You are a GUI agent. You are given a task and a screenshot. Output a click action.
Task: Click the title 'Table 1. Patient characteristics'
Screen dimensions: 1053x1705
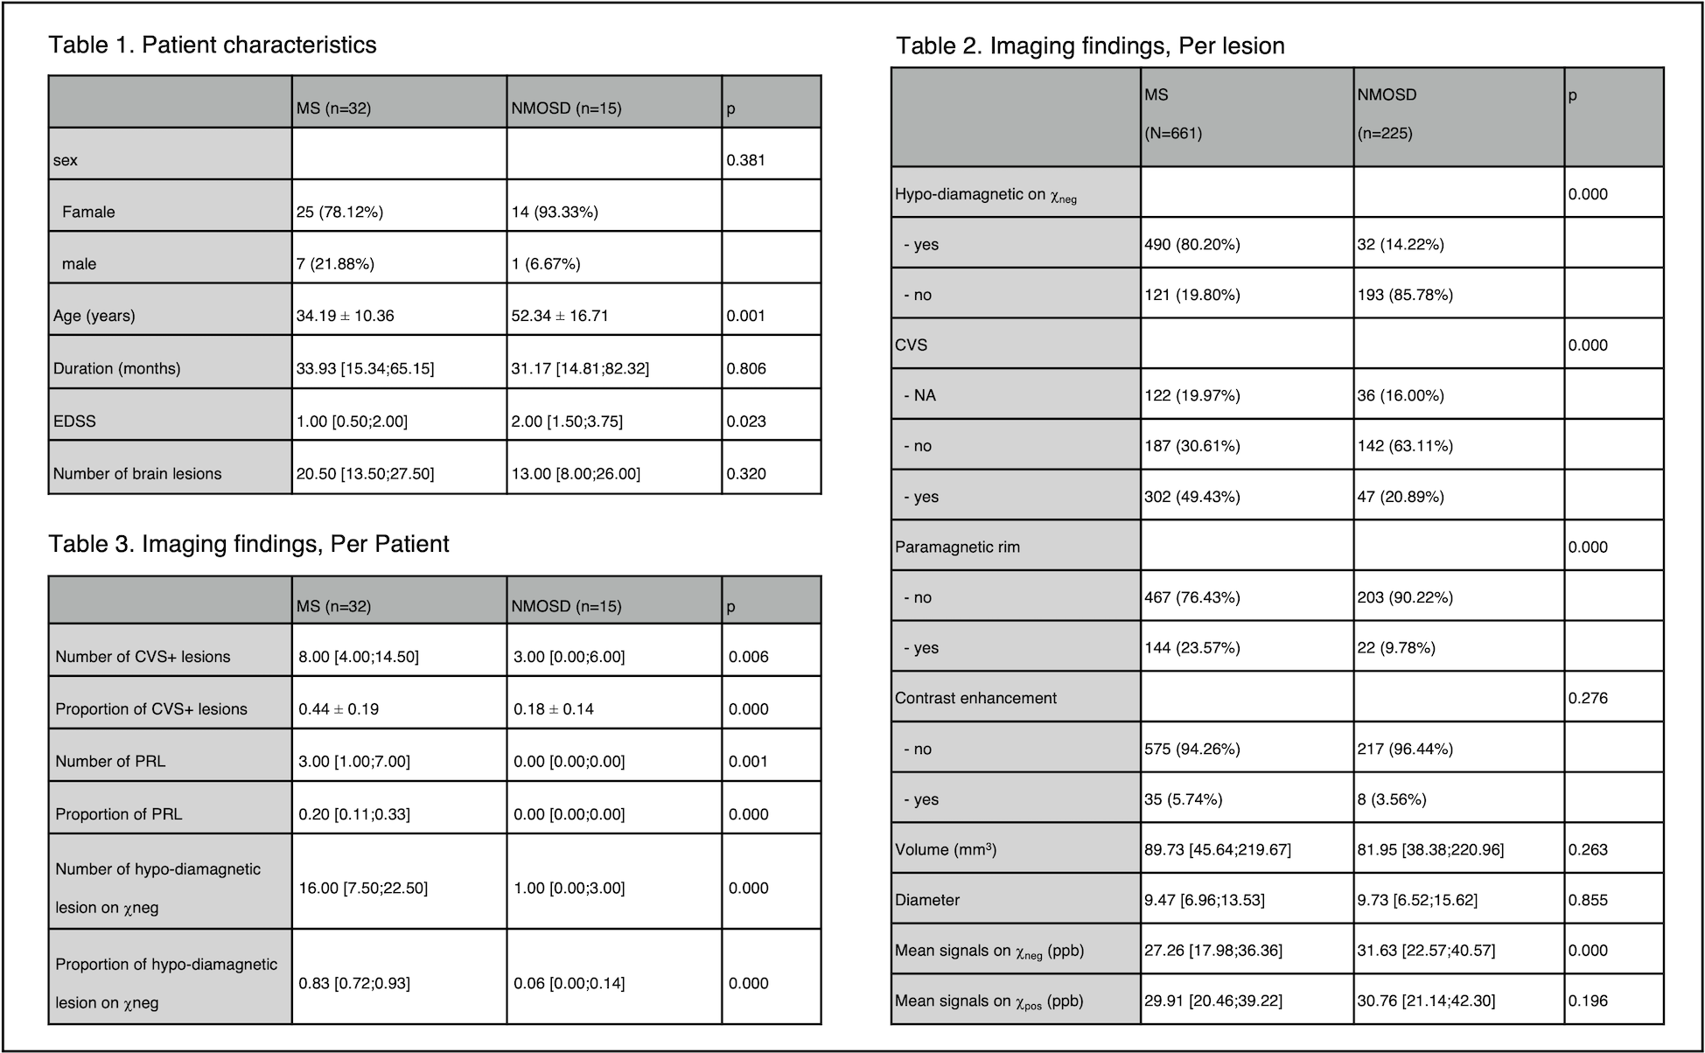[x=213, y=45]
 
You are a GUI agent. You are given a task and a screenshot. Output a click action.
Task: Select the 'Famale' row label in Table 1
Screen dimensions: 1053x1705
[x=88, y=212]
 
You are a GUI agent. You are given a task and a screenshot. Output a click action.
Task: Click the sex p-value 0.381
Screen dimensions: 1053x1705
[x=745, y=160]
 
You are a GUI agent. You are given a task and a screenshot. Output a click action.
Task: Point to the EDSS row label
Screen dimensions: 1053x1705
[x=74, y=421]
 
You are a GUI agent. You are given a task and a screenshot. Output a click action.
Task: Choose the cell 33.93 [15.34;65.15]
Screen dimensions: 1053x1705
[x=365, y=368]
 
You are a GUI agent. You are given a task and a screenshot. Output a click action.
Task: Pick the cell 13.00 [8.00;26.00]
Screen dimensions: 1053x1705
[x=576, y=473]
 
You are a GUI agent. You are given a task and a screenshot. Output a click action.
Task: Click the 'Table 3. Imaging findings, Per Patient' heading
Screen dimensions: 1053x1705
[x=248, y=544]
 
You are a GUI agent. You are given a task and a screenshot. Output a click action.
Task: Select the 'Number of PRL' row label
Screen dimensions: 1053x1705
[x=110, y=761]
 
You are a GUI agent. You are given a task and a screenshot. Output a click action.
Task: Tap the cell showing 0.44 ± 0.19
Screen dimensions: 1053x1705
[x=339, y=708]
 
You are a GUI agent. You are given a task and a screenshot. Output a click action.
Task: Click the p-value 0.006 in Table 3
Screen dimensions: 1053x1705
[x=748, y=656]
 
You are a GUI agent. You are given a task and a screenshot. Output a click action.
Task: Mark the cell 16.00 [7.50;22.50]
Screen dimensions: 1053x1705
[x=363, y=888]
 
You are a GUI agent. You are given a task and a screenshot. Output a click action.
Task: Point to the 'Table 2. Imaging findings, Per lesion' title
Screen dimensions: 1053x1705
[x=1090, y=45]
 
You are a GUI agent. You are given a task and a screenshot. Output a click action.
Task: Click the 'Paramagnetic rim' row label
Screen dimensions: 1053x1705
[x=957, y=547]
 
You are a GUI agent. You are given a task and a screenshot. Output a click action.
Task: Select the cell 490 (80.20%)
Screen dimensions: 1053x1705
[x=1191, y=244]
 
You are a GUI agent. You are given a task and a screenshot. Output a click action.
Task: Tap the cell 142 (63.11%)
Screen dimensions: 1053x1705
[x=1405, y=446]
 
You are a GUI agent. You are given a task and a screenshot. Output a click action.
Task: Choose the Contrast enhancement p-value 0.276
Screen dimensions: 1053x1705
[x=1588, y=698]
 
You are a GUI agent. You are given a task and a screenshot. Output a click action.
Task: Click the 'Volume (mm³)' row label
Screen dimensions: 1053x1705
[x=946, y=849]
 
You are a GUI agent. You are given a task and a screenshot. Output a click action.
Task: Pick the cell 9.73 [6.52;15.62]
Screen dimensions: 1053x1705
[x=1417, y=900]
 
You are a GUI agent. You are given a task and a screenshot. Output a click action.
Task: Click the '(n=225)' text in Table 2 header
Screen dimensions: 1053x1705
[x=1385, y=133]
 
